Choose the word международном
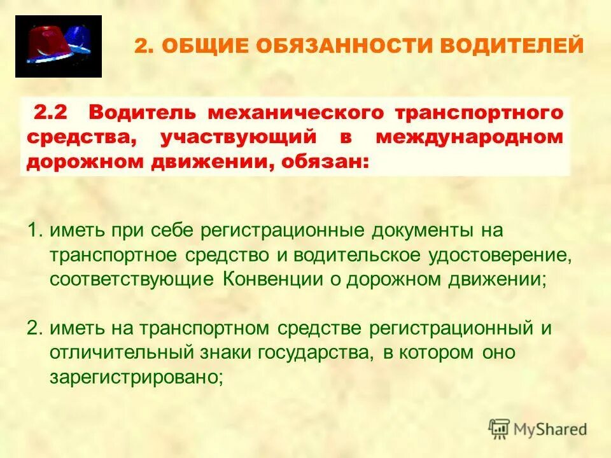pyautogui.click(x=469, y=137)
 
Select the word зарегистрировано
pyautogui.click(x=136, y=377)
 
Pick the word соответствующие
pyautogui.click(x=133, y=280)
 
